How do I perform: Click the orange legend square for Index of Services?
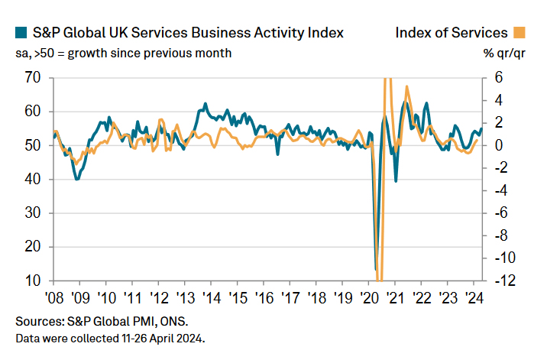coord(519,33)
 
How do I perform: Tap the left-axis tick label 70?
coord(34,77)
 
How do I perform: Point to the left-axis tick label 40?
coord(34,180)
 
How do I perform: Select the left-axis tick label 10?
coord(34,281)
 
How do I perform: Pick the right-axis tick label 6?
coord(498,77)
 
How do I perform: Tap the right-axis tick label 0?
coord(498,145)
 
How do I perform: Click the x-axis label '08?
coord(54,298)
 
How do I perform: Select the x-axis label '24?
coord(473,298)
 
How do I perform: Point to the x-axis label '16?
coord(264,298)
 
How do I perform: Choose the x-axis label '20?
coord(368,298)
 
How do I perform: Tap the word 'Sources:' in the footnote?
coord(38,321)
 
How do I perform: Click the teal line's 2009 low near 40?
coord(76,179)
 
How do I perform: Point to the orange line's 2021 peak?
coord(407,86)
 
